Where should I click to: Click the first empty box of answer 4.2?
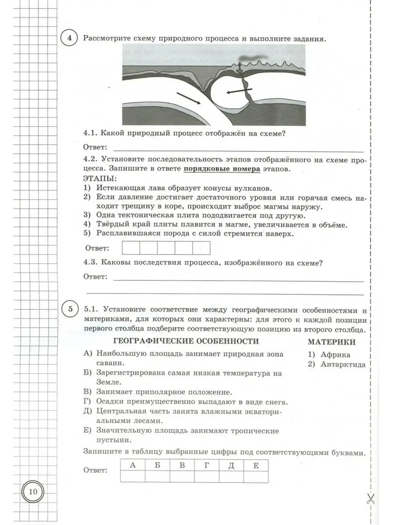[130, 248]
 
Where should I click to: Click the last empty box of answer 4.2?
[201, 248]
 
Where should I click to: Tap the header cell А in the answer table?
[133, 465]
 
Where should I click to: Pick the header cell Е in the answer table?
[256, 465]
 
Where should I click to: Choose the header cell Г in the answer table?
[207, 465]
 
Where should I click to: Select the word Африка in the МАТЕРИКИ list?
[335, 355]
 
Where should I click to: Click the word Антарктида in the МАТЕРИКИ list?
[343, 364]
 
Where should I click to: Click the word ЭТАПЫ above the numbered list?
[100, 178]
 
